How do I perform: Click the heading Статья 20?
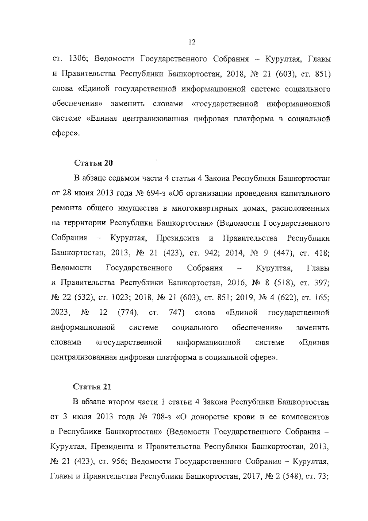coord(93,163)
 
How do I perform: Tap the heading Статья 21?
coord(92,387)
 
